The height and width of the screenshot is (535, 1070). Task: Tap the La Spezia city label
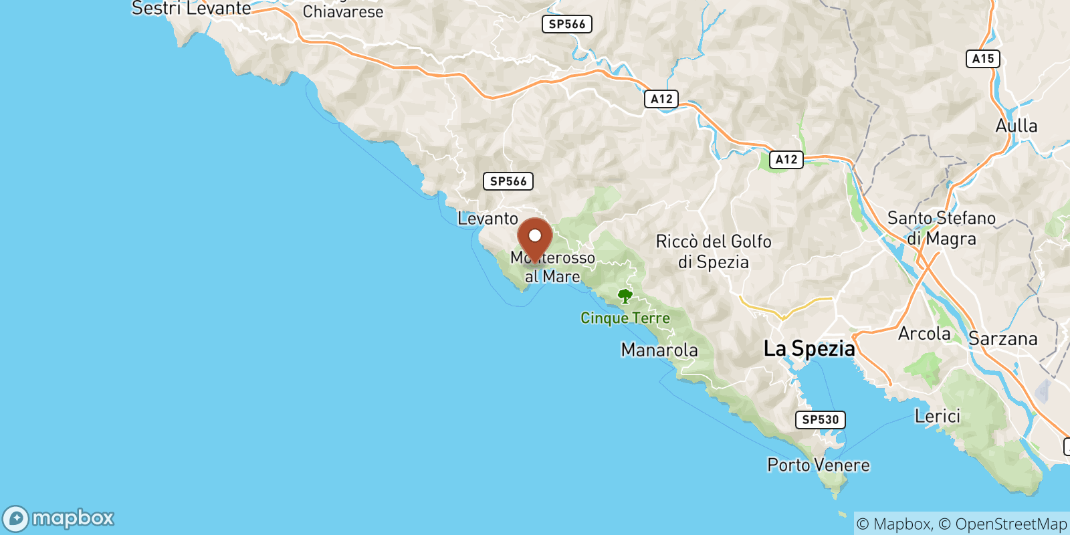(809, 348)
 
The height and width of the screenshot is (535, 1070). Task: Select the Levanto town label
(488, 219)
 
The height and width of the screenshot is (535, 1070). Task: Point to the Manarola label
(659, 350)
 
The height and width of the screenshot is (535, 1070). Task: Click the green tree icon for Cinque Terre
(625, 296)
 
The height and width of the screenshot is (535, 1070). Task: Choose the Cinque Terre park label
(625, 318)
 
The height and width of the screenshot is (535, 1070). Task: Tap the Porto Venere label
(818, 465)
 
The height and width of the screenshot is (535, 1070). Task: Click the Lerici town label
(937, 416)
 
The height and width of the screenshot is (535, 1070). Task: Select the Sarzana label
(1002, 339)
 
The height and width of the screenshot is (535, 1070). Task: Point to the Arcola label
(924, 334)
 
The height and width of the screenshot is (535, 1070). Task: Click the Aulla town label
(1016, 126)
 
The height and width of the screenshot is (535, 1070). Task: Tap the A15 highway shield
(982, 59)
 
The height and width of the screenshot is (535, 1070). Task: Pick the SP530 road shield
(820, 420)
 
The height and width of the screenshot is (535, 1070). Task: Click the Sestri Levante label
(191, 9)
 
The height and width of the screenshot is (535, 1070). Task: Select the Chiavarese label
(343, 11)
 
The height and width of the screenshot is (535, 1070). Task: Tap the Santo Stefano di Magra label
(941, 228)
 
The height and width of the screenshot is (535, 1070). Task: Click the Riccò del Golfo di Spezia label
(714, 251)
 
